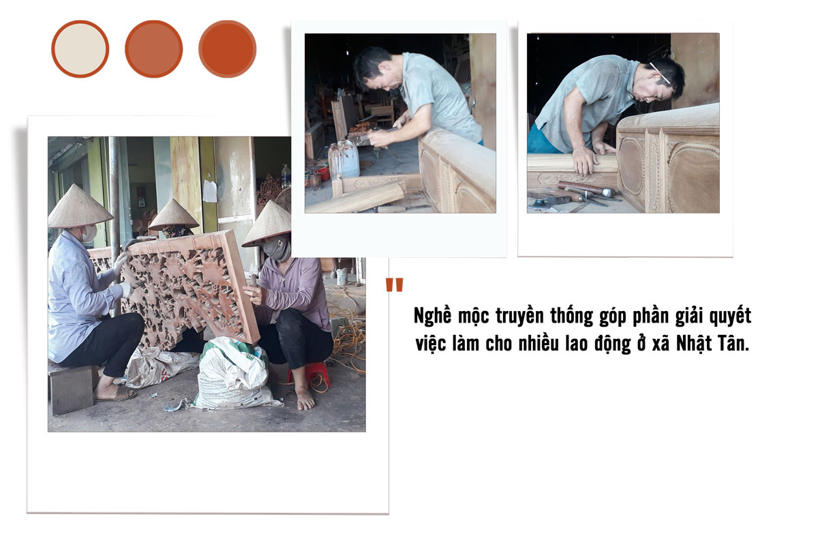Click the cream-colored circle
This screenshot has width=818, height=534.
[80, 49]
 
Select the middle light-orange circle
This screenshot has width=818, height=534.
[154, 49]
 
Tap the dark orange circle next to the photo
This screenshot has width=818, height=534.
[228, 49]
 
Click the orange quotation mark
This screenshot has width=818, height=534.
[395, 284]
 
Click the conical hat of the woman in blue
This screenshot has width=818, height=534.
[80, 207]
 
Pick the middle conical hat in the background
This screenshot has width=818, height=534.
[173, 214]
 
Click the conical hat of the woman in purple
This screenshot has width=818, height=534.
[267, 224]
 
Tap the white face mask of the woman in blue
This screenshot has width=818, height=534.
[89, 233]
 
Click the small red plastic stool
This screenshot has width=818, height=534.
[309, 374]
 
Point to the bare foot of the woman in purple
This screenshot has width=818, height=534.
[305, 400]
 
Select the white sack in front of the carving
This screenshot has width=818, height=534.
[234, 374]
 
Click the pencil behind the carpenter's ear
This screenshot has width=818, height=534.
[660, 73]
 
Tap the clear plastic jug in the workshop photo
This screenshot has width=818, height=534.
[344, 160]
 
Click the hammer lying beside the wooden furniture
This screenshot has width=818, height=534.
[586, 188]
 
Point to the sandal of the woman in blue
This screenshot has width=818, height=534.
[116, 395]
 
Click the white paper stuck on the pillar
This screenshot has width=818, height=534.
[210, 191]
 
